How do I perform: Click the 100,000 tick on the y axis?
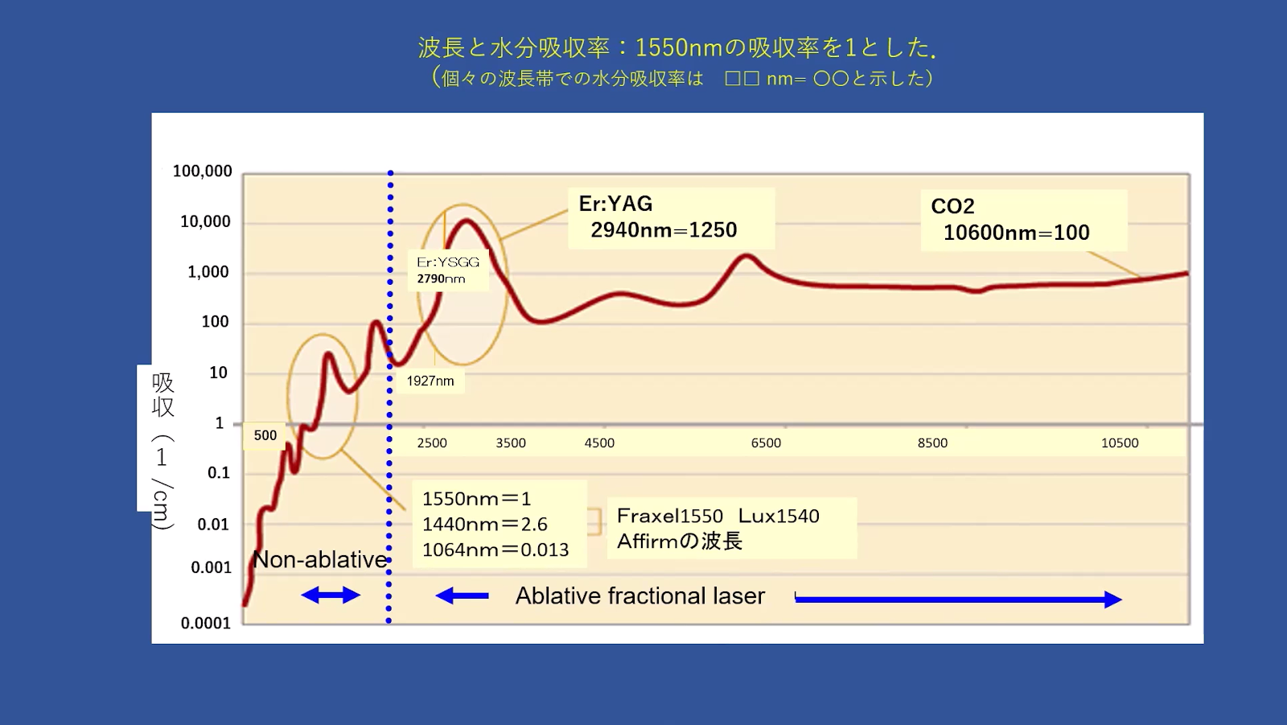(x=202, y=171)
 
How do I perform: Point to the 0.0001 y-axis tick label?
(x=205, y=624)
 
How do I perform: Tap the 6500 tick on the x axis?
(x=766, y=443)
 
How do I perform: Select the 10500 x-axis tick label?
(x=1119, y=443)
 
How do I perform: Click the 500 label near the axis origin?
(x=265, y=435)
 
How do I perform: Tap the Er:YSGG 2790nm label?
(x=448, y=270)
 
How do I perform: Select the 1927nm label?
(x=430, y=381)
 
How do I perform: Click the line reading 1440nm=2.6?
(x=484, y=525)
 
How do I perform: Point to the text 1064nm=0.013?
(x=495, y=550)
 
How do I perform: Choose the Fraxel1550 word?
(x=670, y=516)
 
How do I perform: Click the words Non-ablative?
(x=320, y=559)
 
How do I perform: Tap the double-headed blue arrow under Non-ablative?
(x=331, y=595)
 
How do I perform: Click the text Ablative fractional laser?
(x=640, y=596)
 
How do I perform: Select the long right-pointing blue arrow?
(x=958, y=599)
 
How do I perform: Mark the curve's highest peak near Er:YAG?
(x=466, y=220)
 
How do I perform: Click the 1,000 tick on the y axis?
(x=208, y=271)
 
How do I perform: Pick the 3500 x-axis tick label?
(x=511, y=443)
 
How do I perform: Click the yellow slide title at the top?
(x=678, y=47)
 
